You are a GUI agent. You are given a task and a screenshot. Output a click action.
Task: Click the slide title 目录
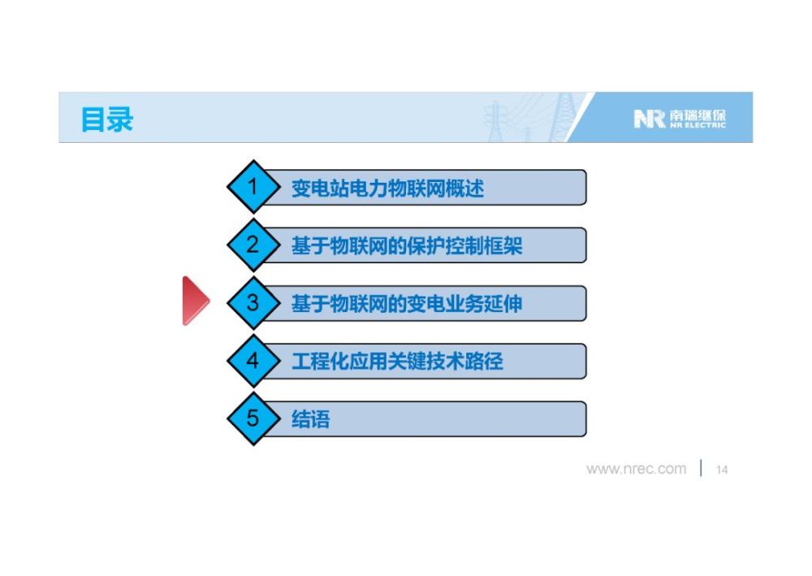tap(107, 119)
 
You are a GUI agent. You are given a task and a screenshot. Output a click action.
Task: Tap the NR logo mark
tap(650, 119)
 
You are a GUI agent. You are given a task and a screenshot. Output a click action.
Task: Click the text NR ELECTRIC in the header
tap(697, 125)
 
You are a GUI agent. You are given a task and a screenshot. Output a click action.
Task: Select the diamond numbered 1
tap(253, 187)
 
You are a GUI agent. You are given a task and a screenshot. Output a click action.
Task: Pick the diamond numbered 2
tap(253, 245)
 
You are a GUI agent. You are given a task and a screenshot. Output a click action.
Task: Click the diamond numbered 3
tap(253, 302)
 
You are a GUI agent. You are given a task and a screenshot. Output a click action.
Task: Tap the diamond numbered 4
tap(253, 361)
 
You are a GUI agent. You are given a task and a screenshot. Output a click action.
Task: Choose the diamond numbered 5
tap(253, 418)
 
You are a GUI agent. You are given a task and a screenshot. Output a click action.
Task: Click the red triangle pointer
tap(195, 301)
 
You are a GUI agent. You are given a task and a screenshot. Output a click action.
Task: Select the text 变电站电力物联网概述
tap(387, 188)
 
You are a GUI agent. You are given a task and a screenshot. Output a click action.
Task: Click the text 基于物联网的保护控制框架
tap(407, 246)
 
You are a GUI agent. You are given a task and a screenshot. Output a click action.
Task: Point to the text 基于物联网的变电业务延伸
tap(407, 304)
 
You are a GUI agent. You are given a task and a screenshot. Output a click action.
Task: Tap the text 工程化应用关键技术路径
tap(397, 362)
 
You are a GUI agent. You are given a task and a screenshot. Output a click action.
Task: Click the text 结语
tap(311, 419)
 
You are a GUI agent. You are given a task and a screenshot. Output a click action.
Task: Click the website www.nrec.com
tap(636, 470)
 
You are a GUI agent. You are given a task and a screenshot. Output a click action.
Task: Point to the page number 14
tap(721, 470)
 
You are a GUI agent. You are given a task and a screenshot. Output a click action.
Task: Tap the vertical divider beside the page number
tap(701, 468)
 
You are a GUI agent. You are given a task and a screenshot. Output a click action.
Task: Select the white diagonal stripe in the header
tap(580, 117)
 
